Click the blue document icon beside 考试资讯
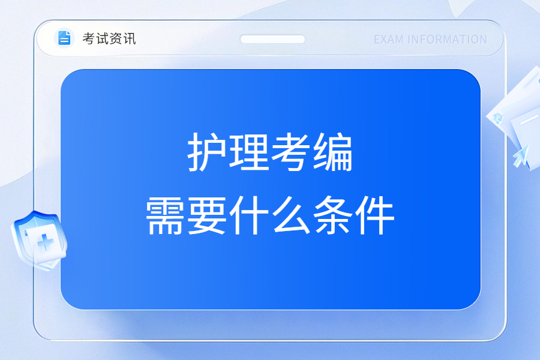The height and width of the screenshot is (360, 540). (x=64, y=38)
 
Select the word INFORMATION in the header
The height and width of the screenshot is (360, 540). (x=447, y=40)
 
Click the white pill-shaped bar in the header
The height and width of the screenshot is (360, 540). (x=272, y=39)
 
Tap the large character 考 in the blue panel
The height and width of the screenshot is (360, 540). (x=291, y=152)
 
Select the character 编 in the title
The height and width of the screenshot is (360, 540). (x=333, y=152)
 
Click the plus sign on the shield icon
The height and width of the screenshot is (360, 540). (x=46, y=242)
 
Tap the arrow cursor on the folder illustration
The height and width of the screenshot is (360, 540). (x=521, y=156)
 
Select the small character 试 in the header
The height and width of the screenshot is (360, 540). (x=102, y=38)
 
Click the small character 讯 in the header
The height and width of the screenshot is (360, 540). (x=129, y=38)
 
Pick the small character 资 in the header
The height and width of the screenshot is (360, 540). (x=116, y=38)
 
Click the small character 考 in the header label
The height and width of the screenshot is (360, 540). (x=89, y=38)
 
